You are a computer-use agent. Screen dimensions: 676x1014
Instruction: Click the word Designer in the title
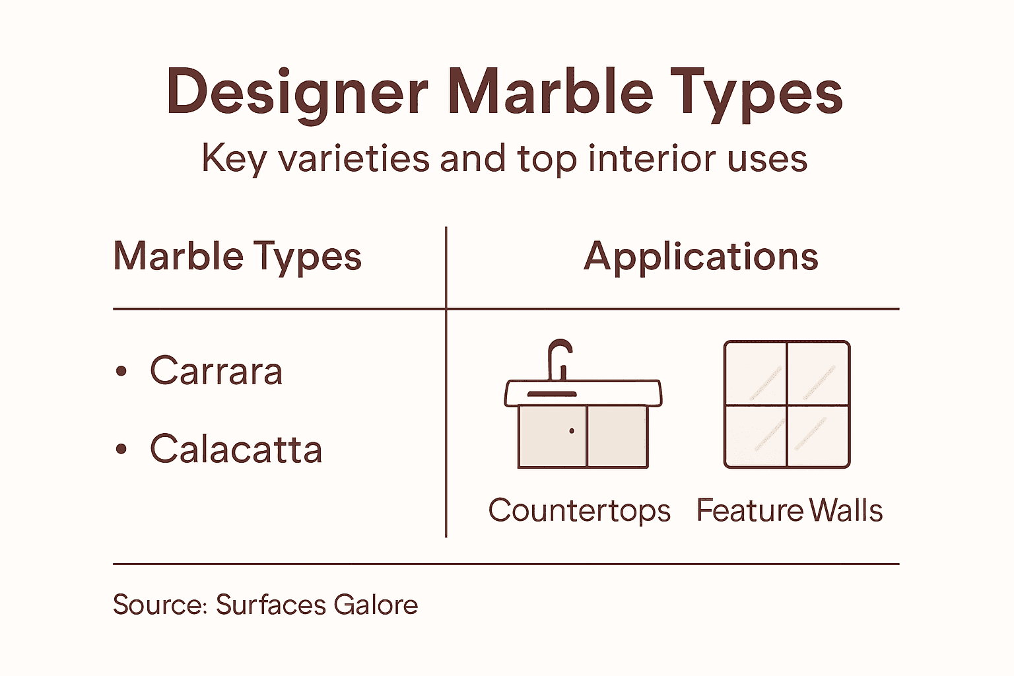(297, 92)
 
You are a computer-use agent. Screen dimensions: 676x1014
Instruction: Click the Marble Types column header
(237, 256)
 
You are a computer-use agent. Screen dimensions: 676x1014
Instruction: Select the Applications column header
(701, 256)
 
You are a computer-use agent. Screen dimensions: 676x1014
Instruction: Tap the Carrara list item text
(217, 371)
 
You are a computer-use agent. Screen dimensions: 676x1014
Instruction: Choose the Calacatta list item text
(236, 450)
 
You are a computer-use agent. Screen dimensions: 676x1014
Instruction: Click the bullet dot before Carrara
(121, 372)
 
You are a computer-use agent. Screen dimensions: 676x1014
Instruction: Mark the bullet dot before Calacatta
(121, 450)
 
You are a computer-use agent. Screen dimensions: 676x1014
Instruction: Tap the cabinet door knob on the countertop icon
(572, 431)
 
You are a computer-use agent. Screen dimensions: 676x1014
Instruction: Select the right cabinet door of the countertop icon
(617, 436)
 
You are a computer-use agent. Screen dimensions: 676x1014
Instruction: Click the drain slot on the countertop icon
(551, 394)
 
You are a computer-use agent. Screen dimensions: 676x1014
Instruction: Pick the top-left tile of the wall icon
(756, 374)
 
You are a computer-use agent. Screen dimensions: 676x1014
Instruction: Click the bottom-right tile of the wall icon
(817, 436)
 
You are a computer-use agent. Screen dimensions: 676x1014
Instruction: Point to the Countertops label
(579, 511)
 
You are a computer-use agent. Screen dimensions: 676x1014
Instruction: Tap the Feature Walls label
(789, 511)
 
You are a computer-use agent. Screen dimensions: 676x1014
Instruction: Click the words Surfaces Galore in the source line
(317, 605)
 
